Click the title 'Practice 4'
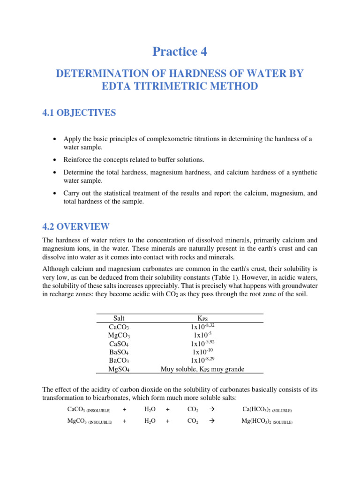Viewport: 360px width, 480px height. click(180, 52)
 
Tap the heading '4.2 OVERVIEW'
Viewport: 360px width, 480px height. click(76, 227)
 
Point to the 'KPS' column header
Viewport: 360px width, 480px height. click(202, 319)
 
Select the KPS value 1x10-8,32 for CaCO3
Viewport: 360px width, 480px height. click(202, 326)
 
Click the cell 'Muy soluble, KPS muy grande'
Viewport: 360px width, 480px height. click(202, 369)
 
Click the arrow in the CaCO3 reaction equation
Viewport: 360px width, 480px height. click(210, 410)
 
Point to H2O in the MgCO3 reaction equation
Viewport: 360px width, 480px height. click(150, 421)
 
